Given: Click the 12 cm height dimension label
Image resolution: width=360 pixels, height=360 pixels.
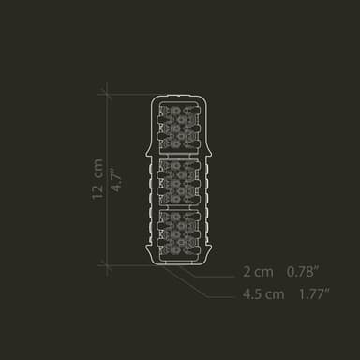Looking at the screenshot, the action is click(x=97, y=179).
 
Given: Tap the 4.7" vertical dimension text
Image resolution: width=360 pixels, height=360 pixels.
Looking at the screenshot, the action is click(x=116, y=180).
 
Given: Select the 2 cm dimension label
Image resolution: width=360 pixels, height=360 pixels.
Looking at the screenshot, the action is click(x=258, y=272).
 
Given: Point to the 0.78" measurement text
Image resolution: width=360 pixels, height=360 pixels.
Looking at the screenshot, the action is click(x=303, y=272).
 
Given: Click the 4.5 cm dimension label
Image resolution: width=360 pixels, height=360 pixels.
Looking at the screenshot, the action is click(x=263, y=294).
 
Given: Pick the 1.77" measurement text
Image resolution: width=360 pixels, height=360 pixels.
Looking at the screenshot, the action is click(x=315, y=294).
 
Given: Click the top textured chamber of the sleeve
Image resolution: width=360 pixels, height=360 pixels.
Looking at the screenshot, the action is click(x=179, y=127).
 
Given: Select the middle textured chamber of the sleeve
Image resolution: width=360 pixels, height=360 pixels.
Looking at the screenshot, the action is click(x=179, y=182).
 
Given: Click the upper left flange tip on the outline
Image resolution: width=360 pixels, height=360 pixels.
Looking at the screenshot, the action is click(x=146, y=155).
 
